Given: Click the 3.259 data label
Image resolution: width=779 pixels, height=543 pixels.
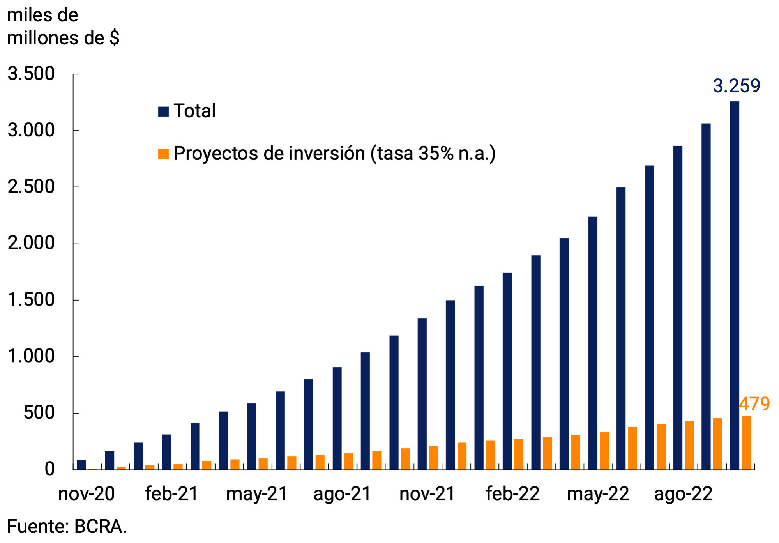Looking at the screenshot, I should tap(736, 86).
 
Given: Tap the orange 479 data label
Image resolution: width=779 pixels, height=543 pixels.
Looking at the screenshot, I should tap(754, 404).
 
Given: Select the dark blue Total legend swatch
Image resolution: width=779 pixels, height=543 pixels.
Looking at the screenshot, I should tap(163, 111).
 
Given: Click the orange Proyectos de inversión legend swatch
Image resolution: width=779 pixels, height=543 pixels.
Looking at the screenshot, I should tap(163, 154).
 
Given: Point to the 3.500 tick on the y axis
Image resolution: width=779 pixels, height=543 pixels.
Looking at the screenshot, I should tap(31, 74).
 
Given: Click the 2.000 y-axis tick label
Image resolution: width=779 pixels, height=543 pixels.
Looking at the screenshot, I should tap(31, 243).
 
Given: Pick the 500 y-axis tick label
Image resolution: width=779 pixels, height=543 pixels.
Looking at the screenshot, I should tap(39, 413).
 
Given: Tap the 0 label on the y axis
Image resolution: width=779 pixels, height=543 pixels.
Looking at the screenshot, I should tap(49, 469).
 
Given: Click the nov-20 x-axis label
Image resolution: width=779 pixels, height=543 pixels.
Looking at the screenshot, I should tap(87, 494).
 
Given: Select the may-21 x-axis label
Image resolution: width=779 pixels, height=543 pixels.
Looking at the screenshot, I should tap(257, 494).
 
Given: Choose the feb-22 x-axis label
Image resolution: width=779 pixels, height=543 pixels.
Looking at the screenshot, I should tap(512, 494).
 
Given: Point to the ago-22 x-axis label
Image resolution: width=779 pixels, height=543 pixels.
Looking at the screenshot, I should tap(683, 494).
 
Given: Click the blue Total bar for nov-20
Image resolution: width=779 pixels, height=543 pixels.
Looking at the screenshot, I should tap(81, 465).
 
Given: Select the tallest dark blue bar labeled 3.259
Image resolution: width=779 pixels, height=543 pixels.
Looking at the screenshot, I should tap(735, 285).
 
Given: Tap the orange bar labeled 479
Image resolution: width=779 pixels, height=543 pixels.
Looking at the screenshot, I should tap(746, 443).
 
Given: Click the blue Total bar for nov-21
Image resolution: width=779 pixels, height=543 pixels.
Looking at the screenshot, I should tap(422, 394).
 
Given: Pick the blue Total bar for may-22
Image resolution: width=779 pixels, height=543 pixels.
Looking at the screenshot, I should tap(593, 343).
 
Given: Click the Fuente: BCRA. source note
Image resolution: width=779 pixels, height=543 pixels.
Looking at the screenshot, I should tap(67, 527).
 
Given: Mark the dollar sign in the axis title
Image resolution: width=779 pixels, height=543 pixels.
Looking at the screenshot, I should tap(114, 38).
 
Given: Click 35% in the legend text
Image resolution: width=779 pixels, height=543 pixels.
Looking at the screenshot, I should tap(436, 154).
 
